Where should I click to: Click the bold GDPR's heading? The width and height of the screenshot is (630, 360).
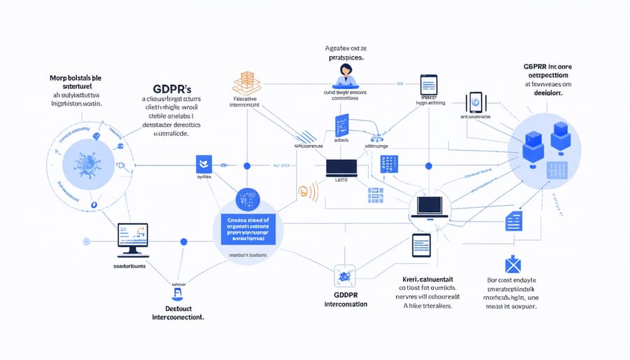171,90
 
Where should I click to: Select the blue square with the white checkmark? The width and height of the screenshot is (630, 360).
204,165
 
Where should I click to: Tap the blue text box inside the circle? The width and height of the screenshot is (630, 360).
248,228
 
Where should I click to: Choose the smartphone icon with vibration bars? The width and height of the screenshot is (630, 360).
477,102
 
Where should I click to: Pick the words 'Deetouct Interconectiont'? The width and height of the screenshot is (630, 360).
178,312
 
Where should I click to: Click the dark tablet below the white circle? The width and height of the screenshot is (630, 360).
420,246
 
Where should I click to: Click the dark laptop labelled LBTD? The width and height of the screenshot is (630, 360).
342,167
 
